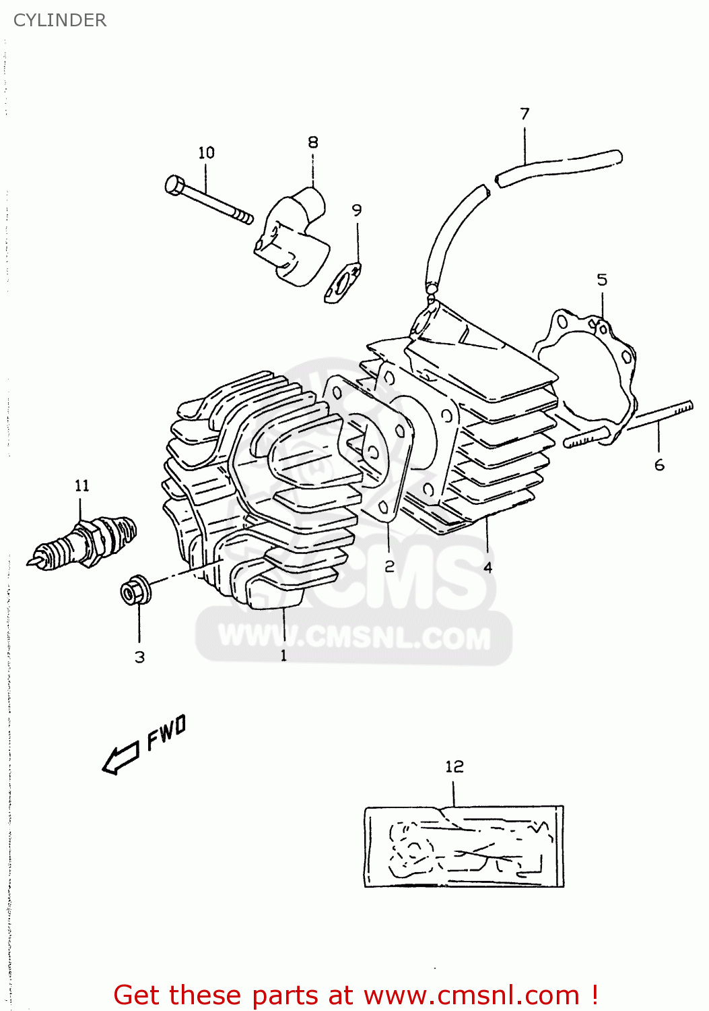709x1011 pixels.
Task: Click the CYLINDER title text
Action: pos(60,20)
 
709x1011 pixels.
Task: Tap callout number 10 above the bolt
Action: pos(206,153)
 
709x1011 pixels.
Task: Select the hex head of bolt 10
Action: pos(174,185)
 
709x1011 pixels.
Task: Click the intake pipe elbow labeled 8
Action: pos(295,236)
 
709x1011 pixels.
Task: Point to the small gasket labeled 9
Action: pos(343,284)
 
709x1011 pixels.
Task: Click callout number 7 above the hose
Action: pos(525,114)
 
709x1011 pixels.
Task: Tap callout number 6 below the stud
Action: pos(659,464)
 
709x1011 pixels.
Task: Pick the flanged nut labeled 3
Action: pos(135,591)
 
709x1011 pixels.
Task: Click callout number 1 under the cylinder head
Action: pos(283,655)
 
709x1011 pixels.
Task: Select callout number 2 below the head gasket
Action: pos(389,566)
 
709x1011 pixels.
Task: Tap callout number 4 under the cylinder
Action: pos(487,568)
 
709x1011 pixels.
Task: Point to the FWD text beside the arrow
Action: pos(166,733)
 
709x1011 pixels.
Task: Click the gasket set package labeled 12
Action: pos(464,846)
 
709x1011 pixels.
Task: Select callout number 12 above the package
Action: pos(454,766)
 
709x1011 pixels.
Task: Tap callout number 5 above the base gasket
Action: pos(602,280)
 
